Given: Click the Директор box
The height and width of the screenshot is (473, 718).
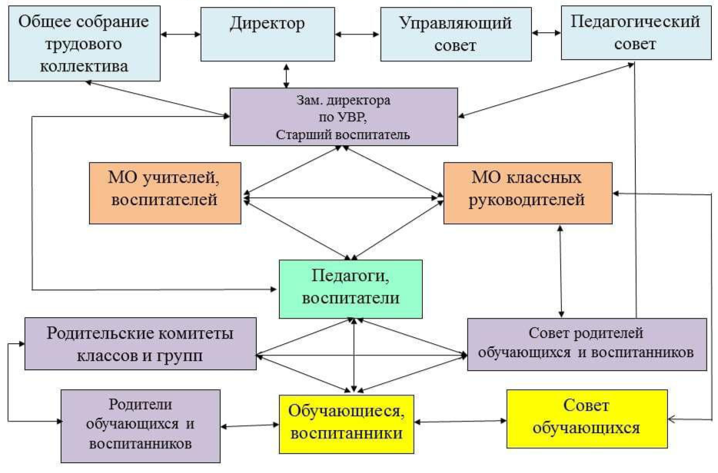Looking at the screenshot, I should [267, 34].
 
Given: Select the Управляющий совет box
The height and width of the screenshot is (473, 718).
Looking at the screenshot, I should [456, 34].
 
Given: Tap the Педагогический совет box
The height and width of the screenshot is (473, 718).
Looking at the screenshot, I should [635, 32].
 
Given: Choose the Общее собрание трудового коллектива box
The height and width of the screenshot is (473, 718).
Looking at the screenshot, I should [85, 44].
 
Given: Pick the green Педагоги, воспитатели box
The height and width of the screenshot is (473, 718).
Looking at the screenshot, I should [351, 288].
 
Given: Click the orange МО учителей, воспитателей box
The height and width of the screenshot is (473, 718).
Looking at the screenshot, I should [165, 192].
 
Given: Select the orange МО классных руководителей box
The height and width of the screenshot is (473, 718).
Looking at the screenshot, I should [527, 192].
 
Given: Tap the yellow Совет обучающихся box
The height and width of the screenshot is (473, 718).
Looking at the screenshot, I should [586, 418].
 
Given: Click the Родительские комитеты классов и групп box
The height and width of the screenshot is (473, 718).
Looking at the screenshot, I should [140, 343].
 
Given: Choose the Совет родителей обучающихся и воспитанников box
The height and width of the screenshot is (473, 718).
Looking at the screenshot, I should [587, 343].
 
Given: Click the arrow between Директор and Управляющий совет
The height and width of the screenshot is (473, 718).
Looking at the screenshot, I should [357, 35].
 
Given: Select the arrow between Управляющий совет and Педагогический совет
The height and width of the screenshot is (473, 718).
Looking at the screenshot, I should [547, 33].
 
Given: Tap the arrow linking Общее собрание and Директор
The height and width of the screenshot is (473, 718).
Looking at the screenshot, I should [181, 35].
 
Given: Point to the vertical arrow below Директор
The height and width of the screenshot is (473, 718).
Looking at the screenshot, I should [286, 74].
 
